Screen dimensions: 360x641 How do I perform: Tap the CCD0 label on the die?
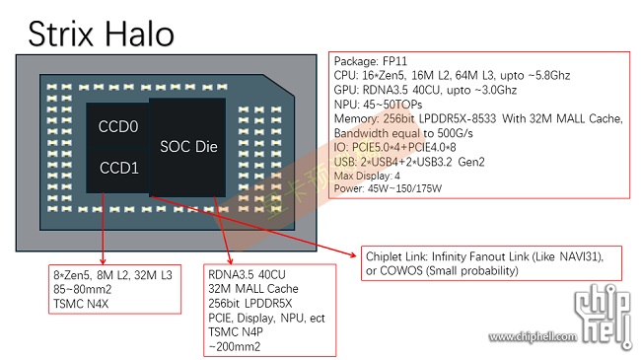click(x=118, y=127)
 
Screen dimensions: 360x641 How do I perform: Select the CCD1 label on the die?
click(x=118, y=169)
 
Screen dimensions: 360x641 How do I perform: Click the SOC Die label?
click(x=188, y=147)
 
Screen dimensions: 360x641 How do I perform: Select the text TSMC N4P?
click(x=238, y=332)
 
